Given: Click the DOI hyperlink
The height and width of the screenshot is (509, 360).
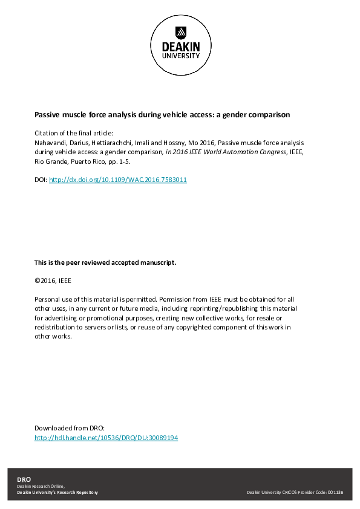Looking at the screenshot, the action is (x=118, y=180).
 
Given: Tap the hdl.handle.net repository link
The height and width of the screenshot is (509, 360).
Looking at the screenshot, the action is (x=106, y=438).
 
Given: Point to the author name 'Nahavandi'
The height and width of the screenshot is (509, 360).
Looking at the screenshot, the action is (x=51, y=143).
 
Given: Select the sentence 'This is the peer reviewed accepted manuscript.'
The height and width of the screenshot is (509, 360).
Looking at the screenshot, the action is (x=105, y=263).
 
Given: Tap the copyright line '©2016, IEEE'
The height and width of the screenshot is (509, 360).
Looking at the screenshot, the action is (x=53, y=280).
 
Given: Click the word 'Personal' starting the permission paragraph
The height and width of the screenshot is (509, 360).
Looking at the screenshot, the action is (x=48, y=299).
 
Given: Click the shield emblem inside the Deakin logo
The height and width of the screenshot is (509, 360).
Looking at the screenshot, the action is (x=180, y=31).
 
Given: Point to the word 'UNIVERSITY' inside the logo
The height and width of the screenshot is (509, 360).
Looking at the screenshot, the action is (x=180, y=56).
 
